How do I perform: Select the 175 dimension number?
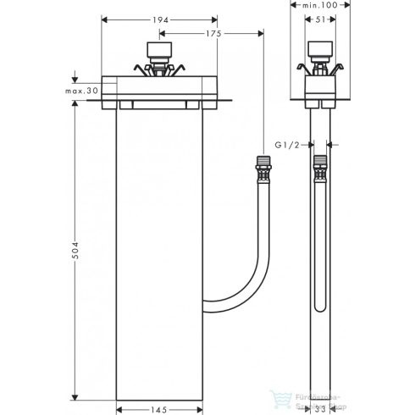coord(213,33)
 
